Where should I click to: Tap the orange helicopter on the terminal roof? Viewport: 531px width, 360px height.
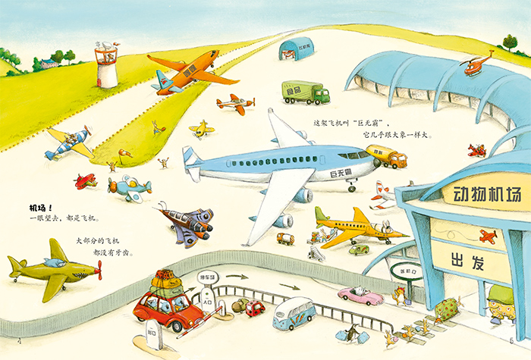coord(476,67)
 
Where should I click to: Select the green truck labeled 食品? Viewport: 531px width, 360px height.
coord(305,92)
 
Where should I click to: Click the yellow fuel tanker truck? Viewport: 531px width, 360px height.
coord(386,157)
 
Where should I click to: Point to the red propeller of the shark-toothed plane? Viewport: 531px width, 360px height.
coord(98,269)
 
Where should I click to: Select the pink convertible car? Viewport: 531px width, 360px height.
coord(360,295)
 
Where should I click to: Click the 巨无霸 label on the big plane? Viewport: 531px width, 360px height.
coord(342,174)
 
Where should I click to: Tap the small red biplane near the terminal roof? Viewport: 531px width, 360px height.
coord(476,149)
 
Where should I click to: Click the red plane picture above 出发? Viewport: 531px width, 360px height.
coord(490,237)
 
